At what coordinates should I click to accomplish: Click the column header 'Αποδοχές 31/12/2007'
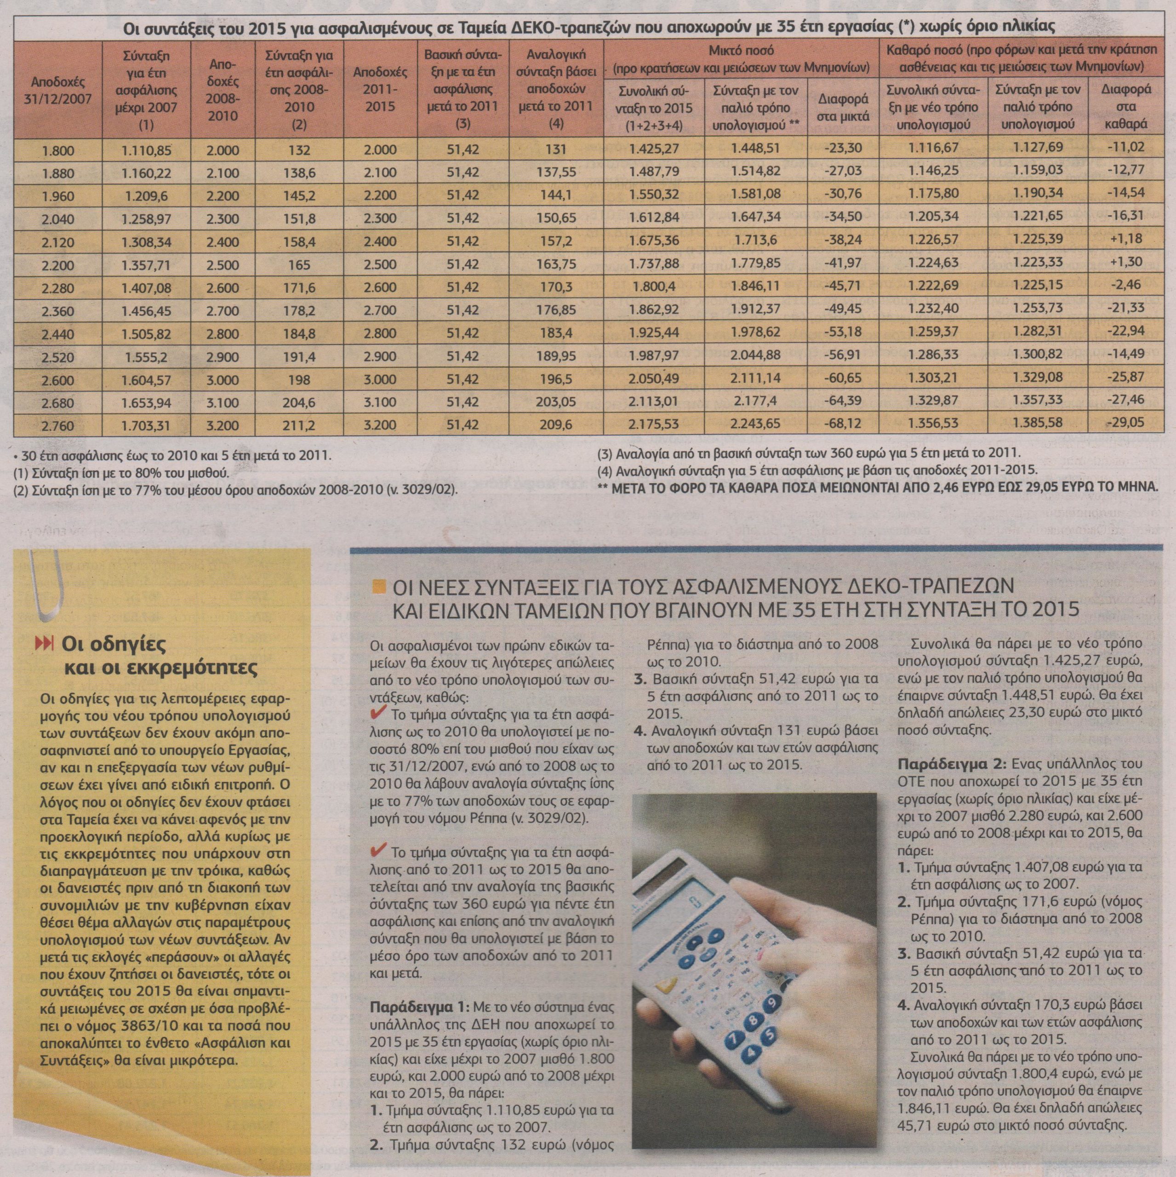click(58, 90)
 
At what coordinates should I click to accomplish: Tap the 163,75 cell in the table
click(554, 263)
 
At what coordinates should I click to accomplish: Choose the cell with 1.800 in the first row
click(58, 148)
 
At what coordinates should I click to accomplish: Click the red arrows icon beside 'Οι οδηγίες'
click(47, 643)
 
